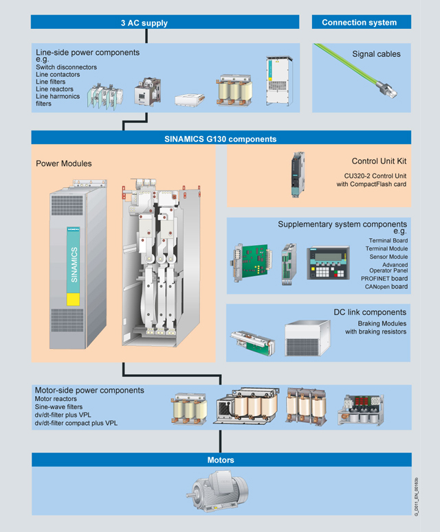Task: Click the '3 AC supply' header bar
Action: coord(144,23)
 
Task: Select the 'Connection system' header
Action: coord(359,23)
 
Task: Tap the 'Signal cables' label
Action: coord(376,54)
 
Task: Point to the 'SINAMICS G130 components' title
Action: coord(220,138)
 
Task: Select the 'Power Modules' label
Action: coord(63,163)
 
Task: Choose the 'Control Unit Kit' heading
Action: coord(379,161)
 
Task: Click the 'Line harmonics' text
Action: coord(58,97)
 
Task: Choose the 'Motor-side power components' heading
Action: coord(89,391)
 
